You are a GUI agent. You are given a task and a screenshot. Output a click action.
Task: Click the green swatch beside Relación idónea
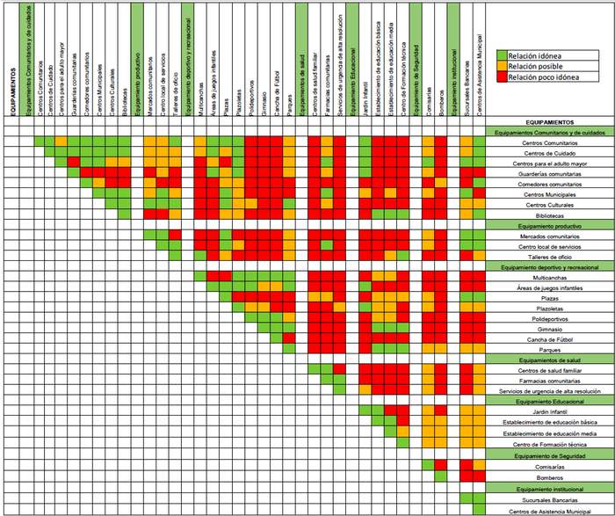click(502, 55)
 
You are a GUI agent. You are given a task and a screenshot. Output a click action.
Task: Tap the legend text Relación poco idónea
click(546, 77)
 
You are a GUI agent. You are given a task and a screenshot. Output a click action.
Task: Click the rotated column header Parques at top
click(289, 101)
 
